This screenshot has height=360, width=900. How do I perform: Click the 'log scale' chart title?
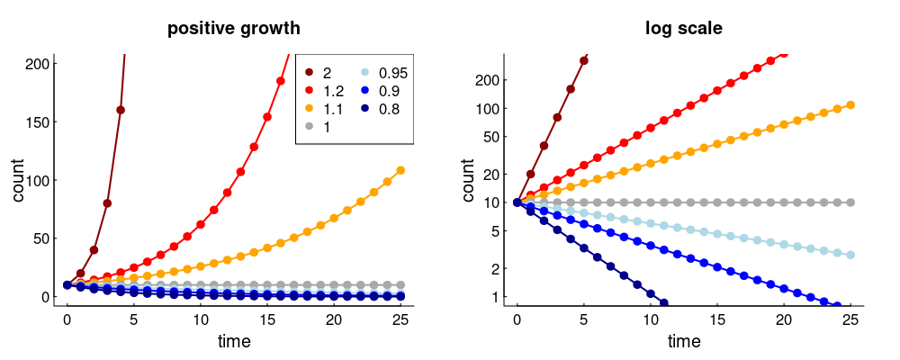(684, 29)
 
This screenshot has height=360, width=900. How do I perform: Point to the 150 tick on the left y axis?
(41, 121)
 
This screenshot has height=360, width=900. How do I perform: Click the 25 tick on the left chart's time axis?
(400, 320)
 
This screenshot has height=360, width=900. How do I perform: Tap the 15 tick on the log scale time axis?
(717, 320)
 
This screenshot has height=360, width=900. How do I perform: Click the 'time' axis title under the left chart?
(234, 342)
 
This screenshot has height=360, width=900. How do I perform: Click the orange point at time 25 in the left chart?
(400, 170)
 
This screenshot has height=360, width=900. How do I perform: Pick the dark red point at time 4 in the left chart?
(121, 110)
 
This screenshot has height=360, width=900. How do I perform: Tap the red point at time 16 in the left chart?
(281, 81)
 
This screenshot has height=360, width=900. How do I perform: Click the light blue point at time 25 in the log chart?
(850, 255)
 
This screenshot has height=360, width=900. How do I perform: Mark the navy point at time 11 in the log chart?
(664, 303)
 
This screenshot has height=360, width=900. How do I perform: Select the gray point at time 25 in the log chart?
(850, 202)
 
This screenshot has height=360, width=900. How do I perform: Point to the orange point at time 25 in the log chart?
(850, 105)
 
